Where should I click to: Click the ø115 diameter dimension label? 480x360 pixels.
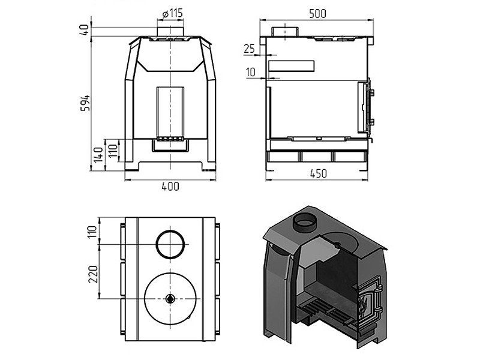tap(172, 13)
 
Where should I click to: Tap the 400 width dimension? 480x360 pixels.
tap(170, 187)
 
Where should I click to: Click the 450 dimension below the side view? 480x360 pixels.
tap(318, 174)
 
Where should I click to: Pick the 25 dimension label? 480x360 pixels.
tap(250, 49)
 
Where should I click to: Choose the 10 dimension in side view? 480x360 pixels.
tap(250, 73)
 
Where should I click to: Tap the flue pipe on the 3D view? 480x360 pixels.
tap(306, 224)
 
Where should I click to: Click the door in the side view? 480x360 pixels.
tap(364, 108)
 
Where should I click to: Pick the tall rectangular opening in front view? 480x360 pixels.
tap(171, 112)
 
